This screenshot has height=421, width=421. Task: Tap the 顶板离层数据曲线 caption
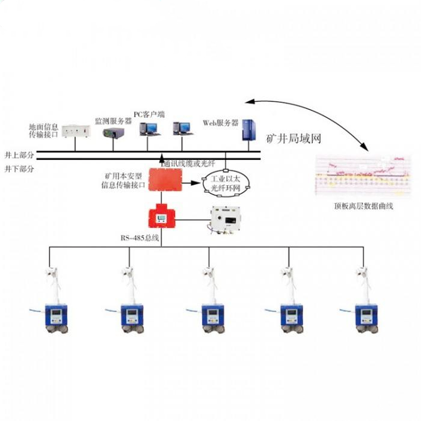point(363,206)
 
